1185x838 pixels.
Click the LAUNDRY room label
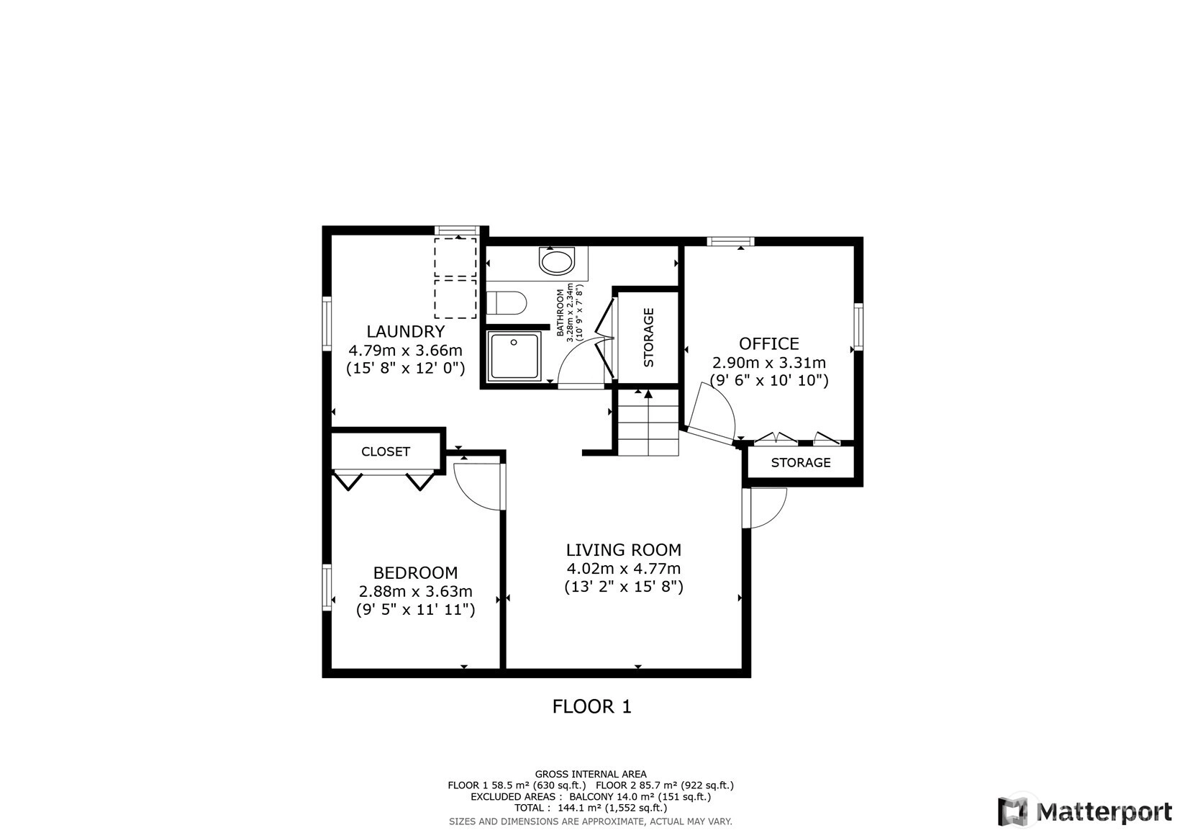406,331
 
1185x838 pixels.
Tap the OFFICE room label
768,343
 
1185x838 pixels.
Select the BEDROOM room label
415,573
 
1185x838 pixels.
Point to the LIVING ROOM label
624,550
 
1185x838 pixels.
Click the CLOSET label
386,451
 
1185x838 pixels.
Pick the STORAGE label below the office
800,463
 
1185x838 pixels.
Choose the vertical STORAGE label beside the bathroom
648,338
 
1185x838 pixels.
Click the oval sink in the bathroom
557,261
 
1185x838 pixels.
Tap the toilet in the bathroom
507,304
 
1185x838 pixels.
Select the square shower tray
514,356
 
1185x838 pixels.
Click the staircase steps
648,423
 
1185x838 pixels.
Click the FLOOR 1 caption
592,707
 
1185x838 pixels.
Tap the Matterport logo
1084,811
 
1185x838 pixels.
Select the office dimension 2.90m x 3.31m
768,363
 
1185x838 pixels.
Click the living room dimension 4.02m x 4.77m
624,569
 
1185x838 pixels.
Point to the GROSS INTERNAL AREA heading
591,774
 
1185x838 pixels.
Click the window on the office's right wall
858,327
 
